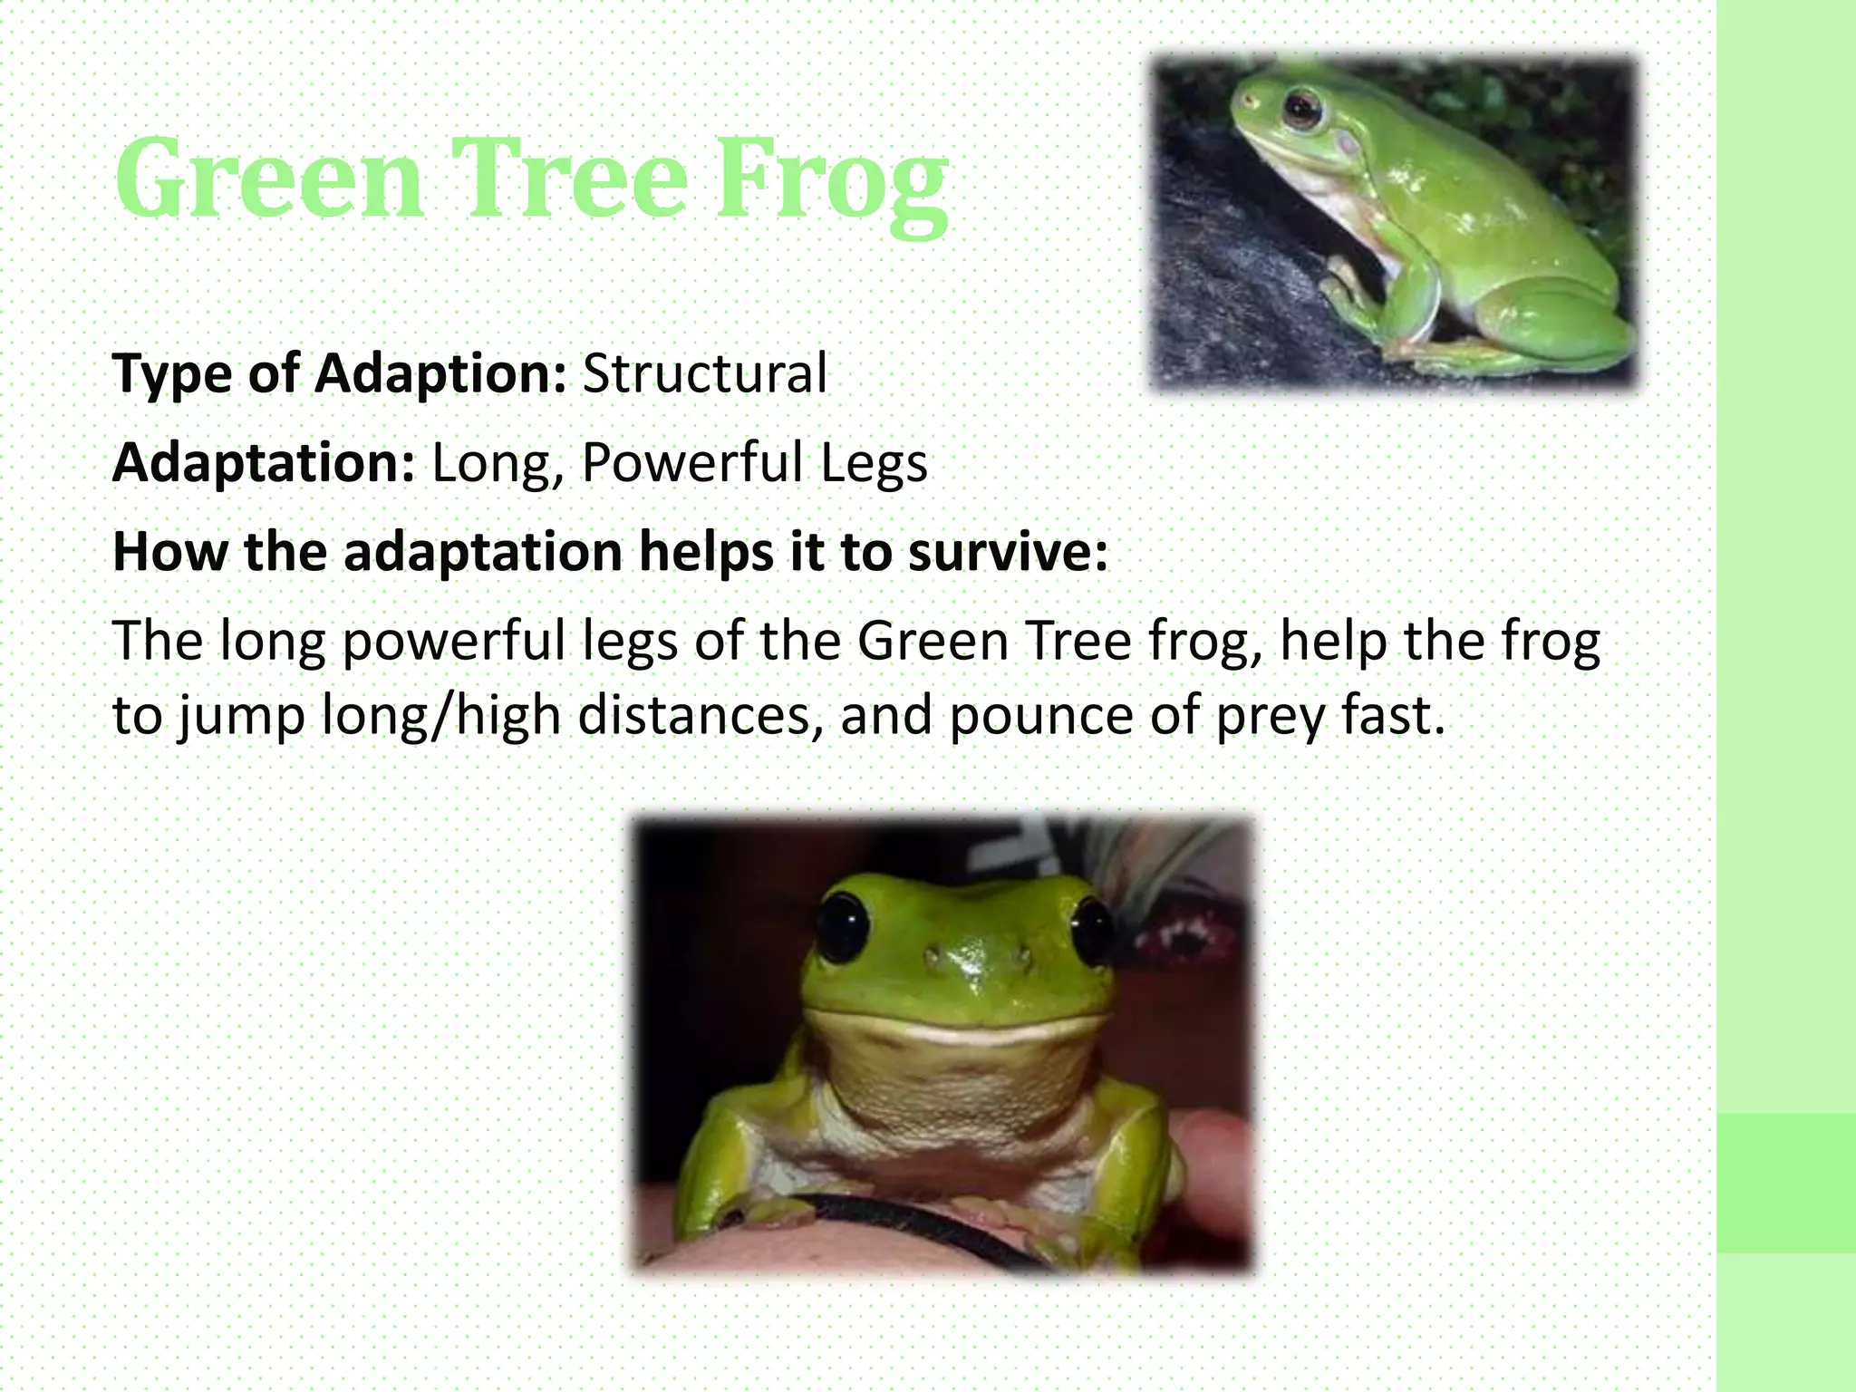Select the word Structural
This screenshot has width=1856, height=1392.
[704, 373]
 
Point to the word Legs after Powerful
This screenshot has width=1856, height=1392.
[874, 463]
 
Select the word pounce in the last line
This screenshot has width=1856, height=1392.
[1041, 714]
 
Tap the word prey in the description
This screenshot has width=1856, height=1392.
[1270, 716]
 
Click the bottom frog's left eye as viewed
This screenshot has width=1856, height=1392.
[843, 929]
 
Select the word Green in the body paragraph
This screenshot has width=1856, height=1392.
[933, 641]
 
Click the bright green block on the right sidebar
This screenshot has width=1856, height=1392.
[1785, 1183]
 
